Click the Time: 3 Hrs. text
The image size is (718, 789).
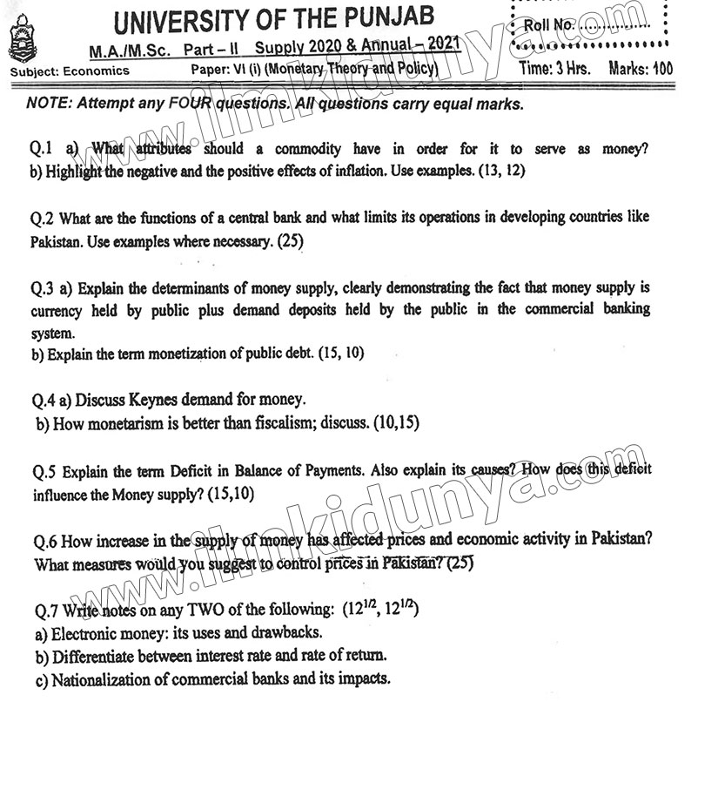554,69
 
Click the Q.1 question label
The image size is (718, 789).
44,149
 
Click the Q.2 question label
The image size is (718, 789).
44,218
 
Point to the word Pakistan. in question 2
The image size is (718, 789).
57,239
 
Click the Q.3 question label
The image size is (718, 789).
44,288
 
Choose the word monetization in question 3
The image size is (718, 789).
168,354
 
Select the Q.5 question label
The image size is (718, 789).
44,471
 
